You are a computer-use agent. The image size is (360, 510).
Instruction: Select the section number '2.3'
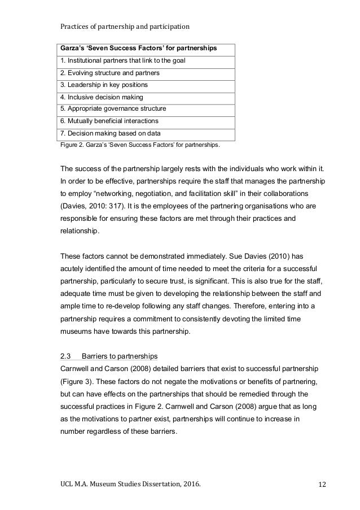tap(64, 356)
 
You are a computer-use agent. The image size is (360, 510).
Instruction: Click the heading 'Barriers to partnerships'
tap(120, 356)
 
